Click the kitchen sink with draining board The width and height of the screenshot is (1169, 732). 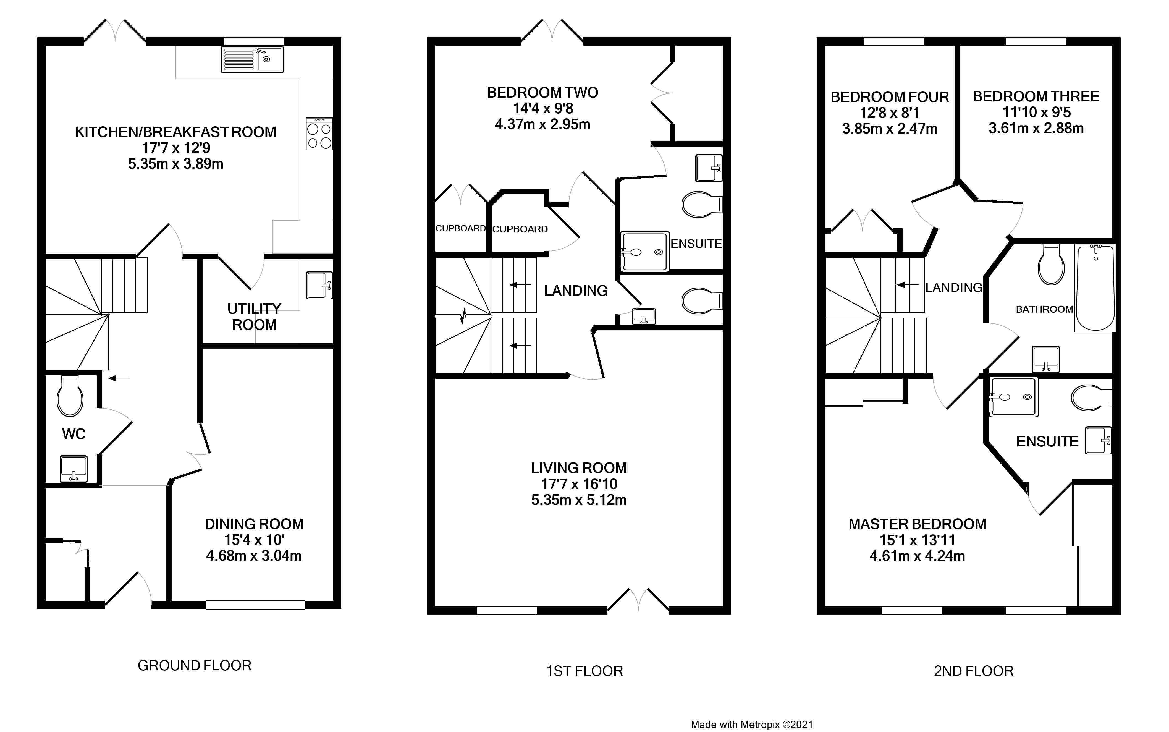(252, 59)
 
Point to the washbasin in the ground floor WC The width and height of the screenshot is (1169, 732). (74, 469)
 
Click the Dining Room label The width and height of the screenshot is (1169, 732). (254, 524)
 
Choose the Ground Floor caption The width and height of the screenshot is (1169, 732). (195, 666)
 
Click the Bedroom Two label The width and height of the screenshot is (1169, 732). (542, 93)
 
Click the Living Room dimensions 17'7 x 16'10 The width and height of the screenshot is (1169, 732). (579, 484)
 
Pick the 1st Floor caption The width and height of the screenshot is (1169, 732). (584, 671)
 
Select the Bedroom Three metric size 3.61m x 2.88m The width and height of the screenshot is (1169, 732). (1036, 128)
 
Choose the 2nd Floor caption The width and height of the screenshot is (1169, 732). (974, 671)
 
